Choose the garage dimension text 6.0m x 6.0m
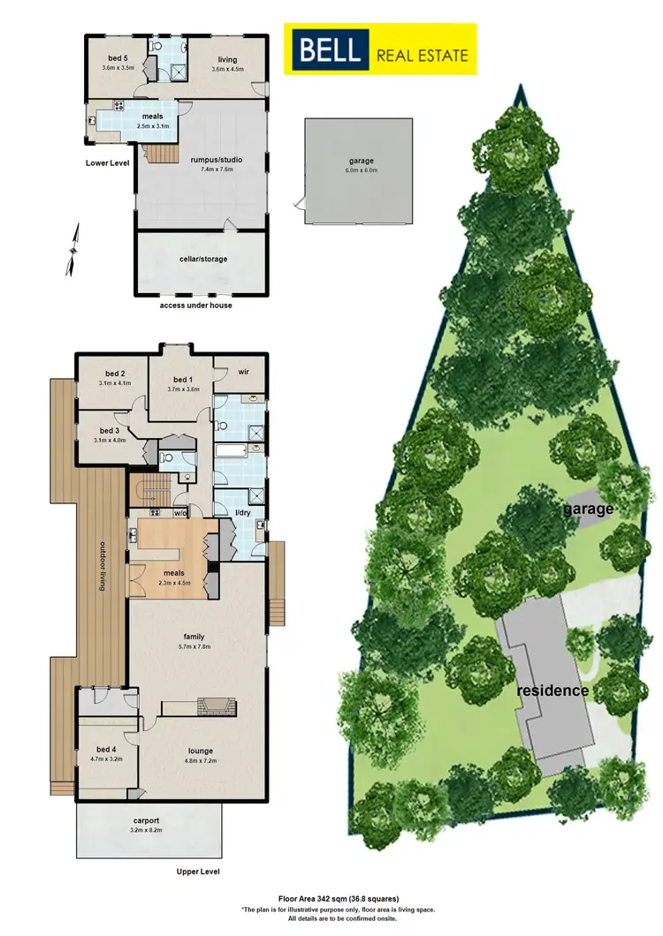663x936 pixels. pyautogui.click(x=361, y=170)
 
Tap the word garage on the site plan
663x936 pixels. pyautogui.click(x=590, y=509)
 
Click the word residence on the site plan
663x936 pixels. pyautogui.click(x=553, y=691)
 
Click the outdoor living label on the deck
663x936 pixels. pyautogui.click(x=103, y=566)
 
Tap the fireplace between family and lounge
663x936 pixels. pyautogui.click(x=216, y=706)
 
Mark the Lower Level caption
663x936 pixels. pyautogui.click(x=109, y=162)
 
